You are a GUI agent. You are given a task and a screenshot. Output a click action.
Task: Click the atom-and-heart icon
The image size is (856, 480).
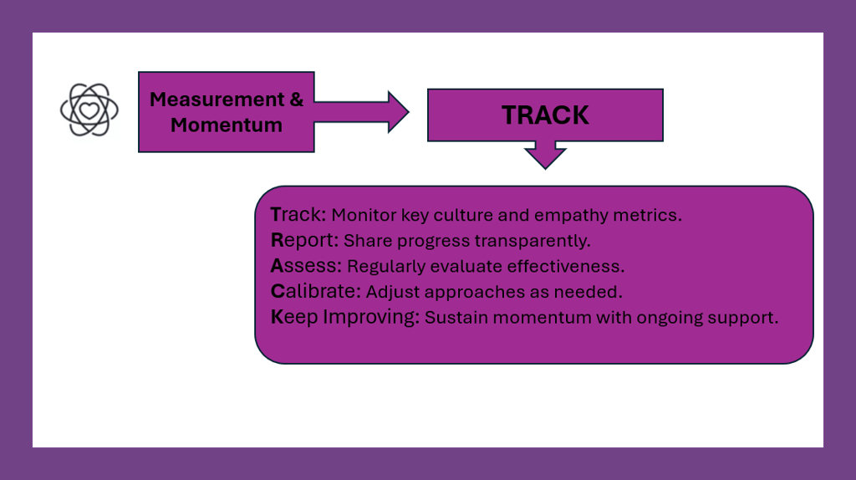(89, 110)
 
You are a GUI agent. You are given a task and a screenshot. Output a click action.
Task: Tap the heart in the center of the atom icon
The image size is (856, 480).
(89, 111)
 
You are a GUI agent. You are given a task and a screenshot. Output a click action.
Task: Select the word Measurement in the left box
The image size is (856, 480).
(217, 100)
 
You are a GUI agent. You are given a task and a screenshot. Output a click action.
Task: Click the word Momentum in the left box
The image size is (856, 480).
(226, 125)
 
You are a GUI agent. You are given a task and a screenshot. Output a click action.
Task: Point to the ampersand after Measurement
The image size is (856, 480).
(297, 100)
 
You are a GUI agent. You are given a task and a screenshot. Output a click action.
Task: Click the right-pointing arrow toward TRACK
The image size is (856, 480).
(361, 112)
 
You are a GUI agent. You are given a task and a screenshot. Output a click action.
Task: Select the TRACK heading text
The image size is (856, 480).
(545, 115)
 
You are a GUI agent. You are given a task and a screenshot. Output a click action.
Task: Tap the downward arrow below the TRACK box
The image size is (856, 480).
(545, 155)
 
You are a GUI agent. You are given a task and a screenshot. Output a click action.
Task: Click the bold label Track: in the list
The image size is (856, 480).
(298, 215)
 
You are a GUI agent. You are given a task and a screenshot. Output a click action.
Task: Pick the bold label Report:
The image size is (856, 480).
(304, 240)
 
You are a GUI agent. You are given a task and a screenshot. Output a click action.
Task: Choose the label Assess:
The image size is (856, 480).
(306, 266)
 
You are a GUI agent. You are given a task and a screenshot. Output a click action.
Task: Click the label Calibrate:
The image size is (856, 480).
(315, 292)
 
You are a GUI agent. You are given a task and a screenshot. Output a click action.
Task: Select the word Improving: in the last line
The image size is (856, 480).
(371, 317)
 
